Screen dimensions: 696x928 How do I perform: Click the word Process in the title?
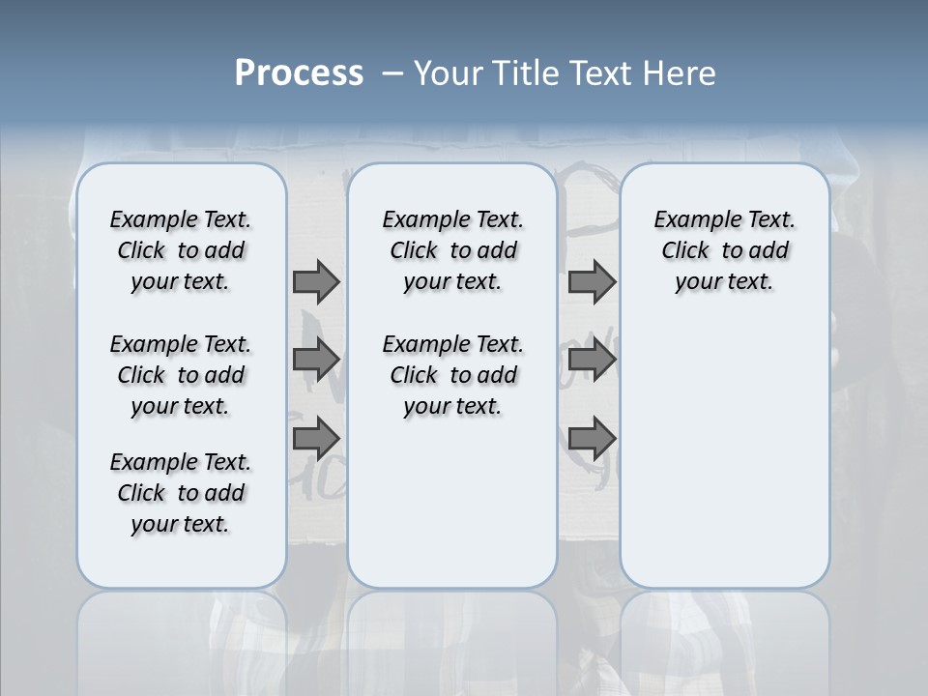click(299, 73)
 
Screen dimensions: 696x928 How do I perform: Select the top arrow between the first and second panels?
click(316, 282)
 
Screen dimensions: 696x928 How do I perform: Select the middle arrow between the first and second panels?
click(316, 360)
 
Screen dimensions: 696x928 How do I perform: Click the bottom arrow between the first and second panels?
click(316, 439)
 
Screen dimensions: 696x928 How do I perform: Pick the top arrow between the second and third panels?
click(592, 282)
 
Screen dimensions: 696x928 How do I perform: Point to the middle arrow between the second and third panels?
click(592, 360)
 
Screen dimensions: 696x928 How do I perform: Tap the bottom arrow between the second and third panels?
click(592, 439)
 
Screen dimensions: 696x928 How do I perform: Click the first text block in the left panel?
click(181, 250)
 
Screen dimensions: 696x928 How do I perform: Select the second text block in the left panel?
click(181, 375)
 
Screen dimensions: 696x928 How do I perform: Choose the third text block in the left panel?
click(181, 493)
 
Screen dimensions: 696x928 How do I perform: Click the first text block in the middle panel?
click(453, 250)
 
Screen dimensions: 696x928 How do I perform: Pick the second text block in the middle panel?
click(453, 375)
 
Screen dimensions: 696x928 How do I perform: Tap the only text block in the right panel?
click(725, 250)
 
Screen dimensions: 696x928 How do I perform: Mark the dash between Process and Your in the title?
click(391, 74)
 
